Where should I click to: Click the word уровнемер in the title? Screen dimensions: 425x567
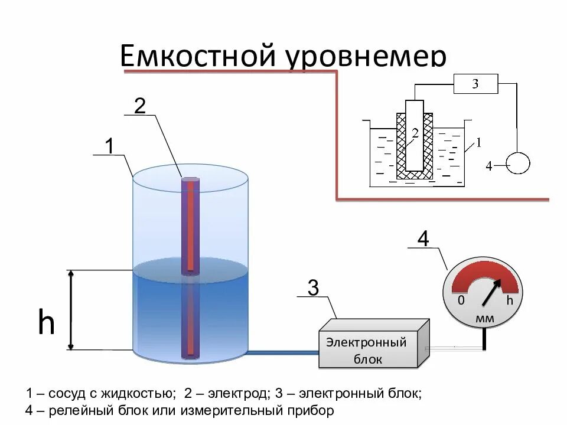[x=366, y=58]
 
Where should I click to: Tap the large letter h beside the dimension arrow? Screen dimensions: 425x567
[x=46, y=323]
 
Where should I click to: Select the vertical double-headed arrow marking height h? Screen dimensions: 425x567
[x=71, y=310]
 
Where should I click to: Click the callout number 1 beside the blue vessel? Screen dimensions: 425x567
[x=109, y=145]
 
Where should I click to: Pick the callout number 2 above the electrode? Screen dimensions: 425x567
[x=139, y=106]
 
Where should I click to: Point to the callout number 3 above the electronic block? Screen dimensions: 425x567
[x=313, y=288]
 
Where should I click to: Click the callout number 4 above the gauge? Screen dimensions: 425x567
[x=423, y=240]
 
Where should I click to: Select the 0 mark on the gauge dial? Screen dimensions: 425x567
[x=461, y=301]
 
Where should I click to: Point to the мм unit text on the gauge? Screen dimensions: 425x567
[x=484, y=319]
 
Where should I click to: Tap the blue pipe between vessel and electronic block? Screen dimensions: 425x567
[x=282, y=352]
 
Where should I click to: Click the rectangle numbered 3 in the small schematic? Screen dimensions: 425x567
[x=475, y=84]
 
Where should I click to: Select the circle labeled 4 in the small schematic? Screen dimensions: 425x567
[x=518, y=164]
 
